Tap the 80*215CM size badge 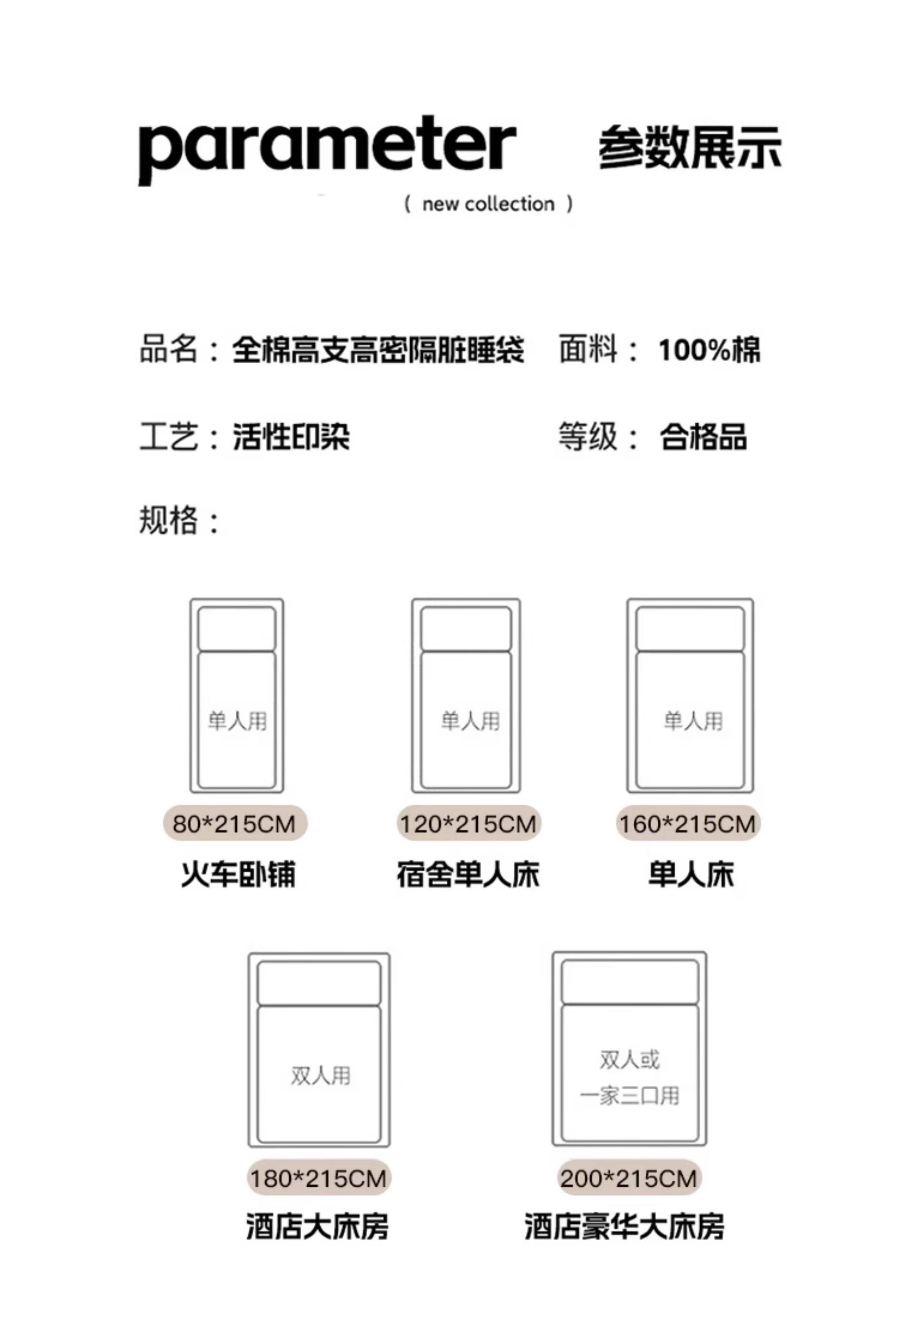(x=235, y=824)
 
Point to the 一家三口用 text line (x=629, y=1096)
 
